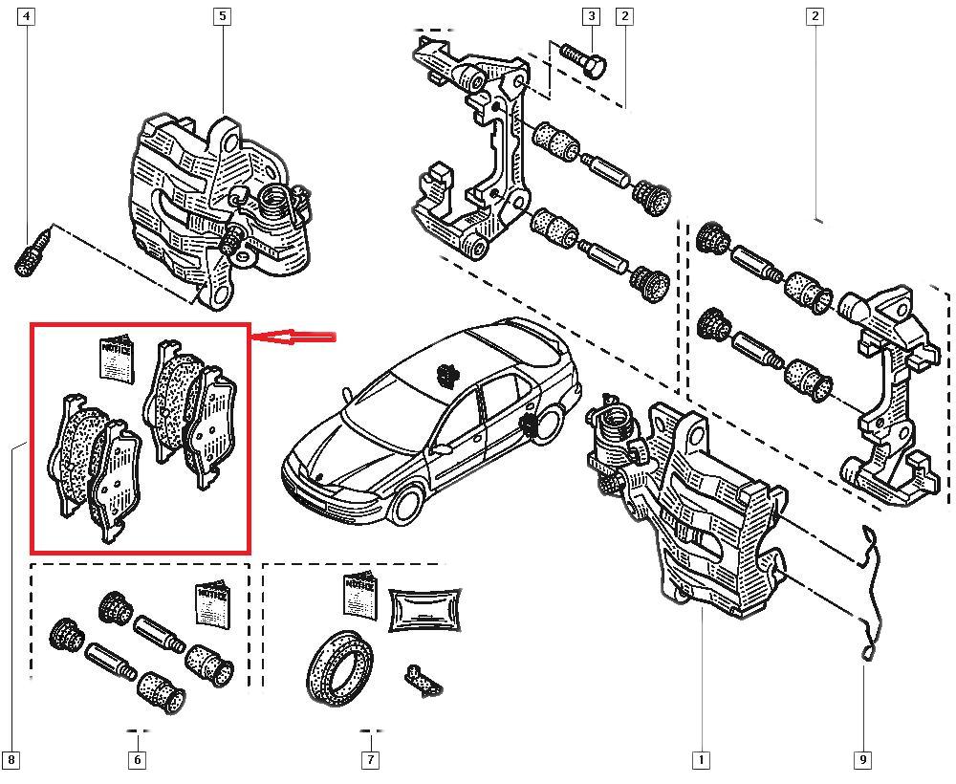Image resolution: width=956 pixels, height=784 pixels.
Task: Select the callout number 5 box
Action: (x=223, y=16)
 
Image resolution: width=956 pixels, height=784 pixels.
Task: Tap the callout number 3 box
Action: (x=592, y=16)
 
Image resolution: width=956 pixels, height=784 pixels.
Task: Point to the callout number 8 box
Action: (x=11, y=760)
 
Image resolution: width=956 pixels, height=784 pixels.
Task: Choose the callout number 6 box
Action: (x=137, y=760)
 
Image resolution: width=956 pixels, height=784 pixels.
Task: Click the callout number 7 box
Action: (x=370, y=760)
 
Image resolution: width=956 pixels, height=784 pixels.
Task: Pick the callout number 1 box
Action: (x=701, y=760)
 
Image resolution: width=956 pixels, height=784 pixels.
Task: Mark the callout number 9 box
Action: (x=862, y=760)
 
